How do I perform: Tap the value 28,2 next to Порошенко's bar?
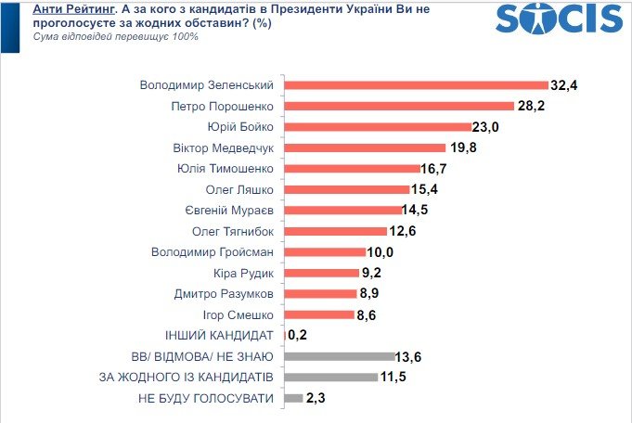[x=531, y=106]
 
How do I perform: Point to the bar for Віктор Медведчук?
[x=364, y=147]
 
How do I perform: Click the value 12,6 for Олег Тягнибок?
[x=405, y=231]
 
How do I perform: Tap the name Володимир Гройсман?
[x=213, y=251]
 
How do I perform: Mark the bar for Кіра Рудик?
[x=321, y=273]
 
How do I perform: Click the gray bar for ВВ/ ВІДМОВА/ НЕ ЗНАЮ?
[x=340, y=356]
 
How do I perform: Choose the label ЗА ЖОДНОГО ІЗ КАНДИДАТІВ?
[x=186, y=378]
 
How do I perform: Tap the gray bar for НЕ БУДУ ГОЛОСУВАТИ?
[x=293, y=398]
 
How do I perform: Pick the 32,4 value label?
[x=564, y=85]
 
